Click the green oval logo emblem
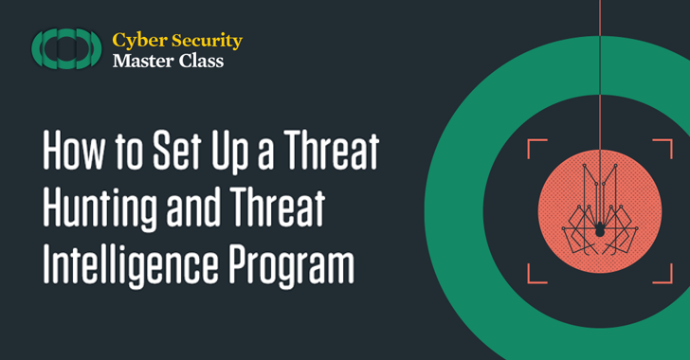[65, 49]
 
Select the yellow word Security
[208, 40]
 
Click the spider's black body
[600, 229]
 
